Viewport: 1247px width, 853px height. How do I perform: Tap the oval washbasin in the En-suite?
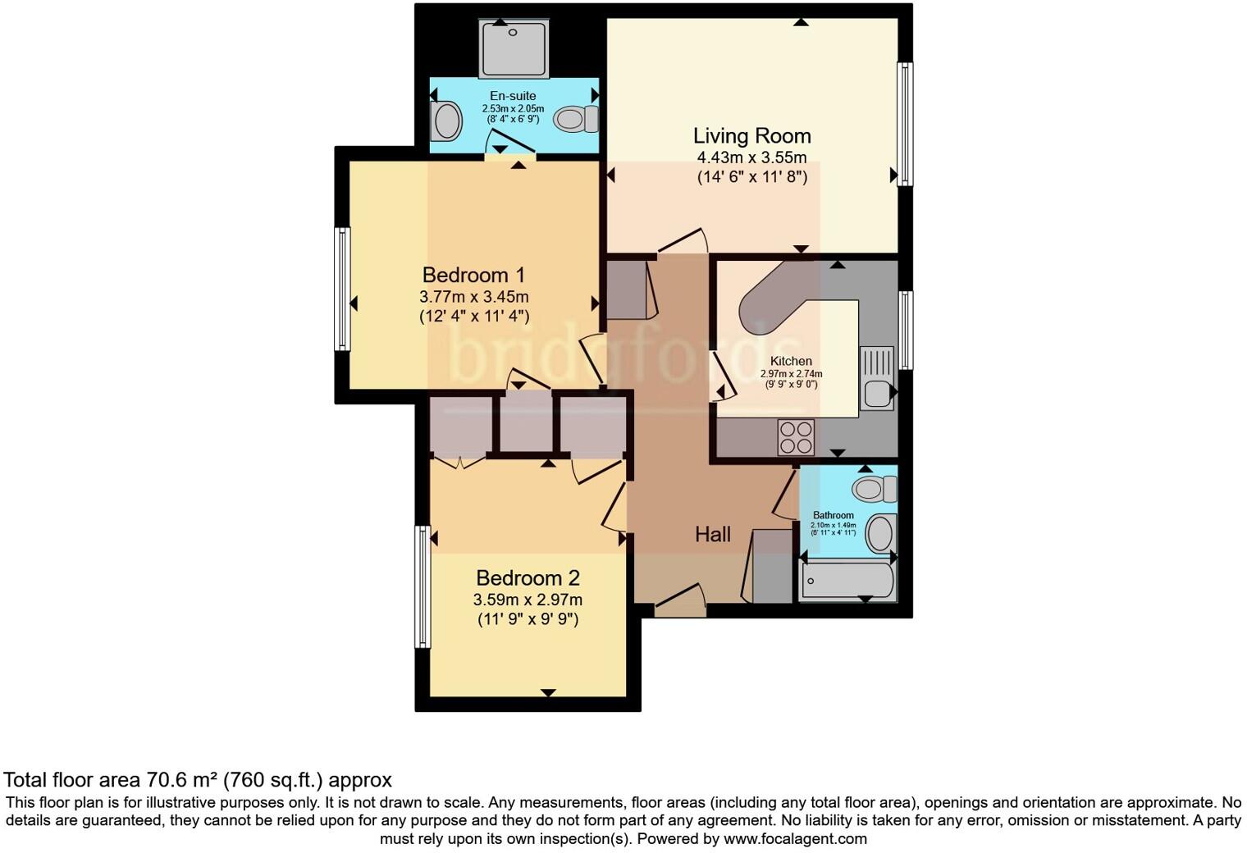tap(447, 121)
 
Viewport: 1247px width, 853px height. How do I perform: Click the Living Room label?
tap(751, 136)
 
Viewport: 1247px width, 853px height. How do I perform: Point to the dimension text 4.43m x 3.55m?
tap(751, 157)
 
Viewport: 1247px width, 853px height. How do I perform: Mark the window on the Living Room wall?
tap(905, 124)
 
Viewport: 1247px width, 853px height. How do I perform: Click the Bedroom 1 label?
tap(473, 275)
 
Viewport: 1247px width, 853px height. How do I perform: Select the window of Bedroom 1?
tap(342, 289)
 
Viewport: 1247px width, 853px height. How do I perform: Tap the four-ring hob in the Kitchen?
tap(796, 437)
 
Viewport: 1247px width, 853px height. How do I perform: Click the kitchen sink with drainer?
tap(876, 379)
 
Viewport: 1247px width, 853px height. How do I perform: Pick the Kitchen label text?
tap(791, 361)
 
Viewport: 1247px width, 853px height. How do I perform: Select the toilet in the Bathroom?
tap(875, 490)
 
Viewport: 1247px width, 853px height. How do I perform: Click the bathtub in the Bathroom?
tap(847, 582)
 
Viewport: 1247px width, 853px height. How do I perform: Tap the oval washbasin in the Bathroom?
tap(879, 533)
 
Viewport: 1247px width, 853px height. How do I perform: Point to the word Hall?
tap(712, 535)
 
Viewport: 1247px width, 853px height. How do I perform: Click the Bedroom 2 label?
tap(528, 578)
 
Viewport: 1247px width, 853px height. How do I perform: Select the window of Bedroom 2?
tap(423, 586)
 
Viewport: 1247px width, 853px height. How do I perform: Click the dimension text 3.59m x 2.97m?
tap(528, 600)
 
